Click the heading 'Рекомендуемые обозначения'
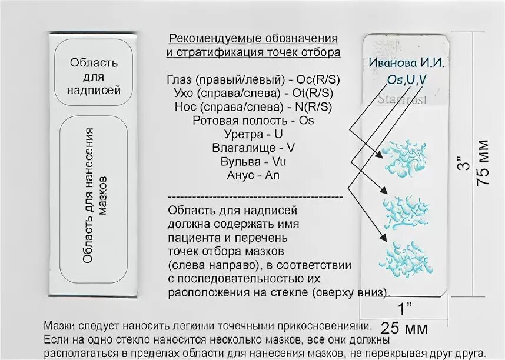tap(253, 39)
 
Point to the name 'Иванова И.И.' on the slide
tap(407, 63)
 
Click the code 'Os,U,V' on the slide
tap(407, 79)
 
